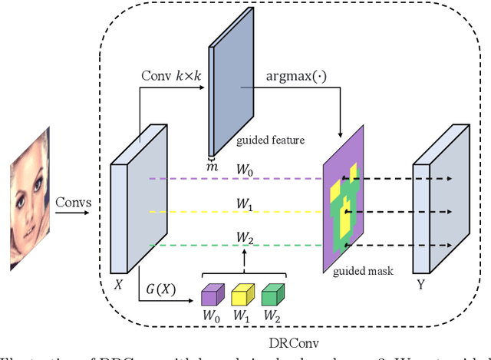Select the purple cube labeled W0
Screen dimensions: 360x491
[211, 296]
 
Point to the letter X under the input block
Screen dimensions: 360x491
[118, 282]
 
